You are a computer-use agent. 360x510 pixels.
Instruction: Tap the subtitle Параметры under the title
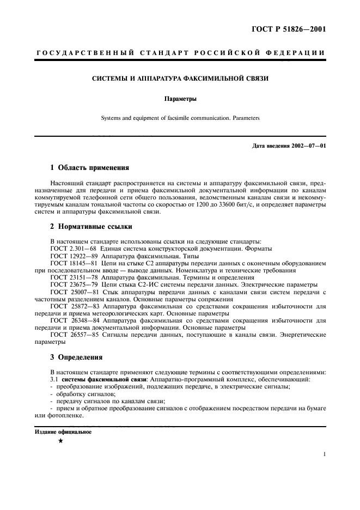(180, 100)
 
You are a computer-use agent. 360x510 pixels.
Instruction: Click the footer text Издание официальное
(63, 432)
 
